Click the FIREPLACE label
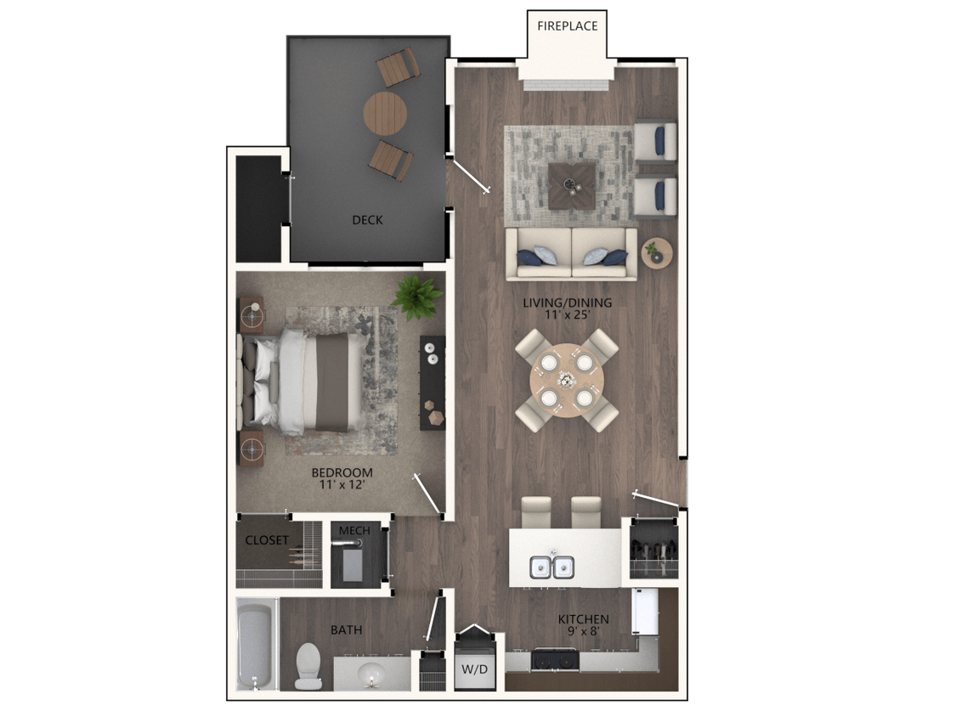pos(567,25)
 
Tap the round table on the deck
pos(385,113)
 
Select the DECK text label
pos(367,220)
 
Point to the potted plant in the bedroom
pos(416,296)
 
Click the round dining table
pos(567,380)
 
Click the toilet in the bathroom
pos(307,665)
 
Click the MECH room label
pos(354,531)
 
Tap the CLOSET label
pos(267,540)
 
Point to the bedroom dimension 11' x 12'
pos(342,486)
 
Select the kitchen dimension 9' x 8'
pos(583,632)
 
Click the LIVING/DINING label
pos(567,302)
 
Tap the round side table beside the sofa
pos(656,253)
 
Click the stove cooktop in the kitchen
pos(556,658)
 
